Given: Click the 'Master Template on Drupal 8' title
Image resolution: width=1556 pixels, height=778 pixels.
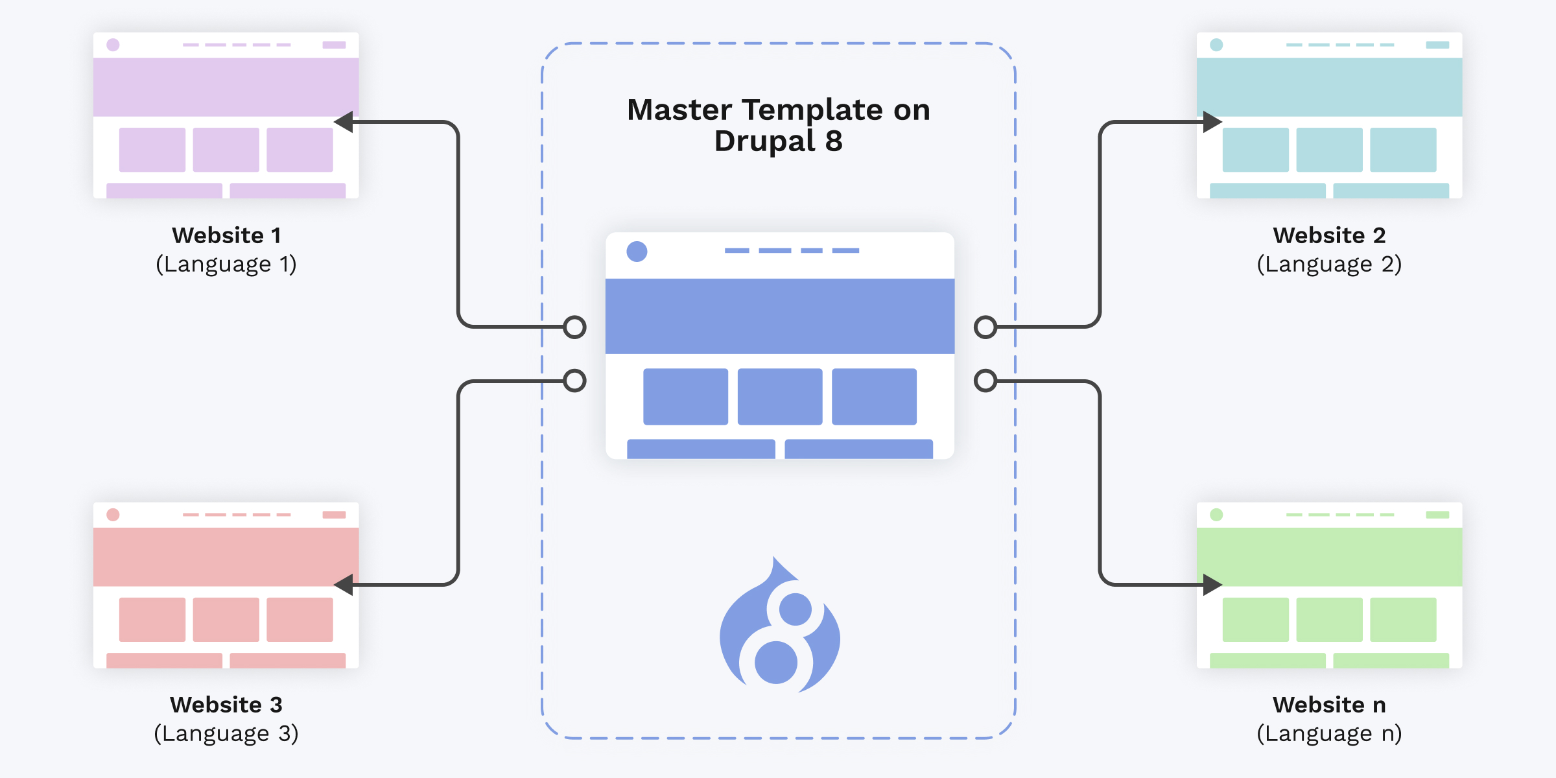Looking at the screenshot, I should click(779, 125).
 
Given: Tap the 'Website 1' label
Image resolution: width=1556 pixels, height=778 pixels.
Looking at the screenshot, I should click(226, 235).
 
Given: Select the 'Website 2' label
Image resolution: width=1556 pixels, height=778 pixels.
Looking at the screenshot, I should click(1329, 235).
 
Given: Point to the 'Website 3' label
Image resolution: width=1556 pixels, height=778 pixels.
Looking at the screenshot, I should click(226, 704).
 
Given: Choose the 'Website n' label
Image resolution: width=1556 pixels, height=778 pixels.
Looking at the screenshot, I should click(1329, 704).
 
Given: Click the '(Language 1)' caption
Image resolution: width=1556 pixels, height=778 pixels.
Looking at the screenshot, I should click(226, 264).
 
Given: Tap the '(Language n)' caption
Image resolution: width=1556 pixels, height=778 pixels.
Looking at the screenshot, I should click(1329, 733).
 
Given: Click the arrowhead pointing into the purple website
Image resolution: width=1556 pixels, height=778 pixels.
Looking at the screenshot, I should click(344, 122).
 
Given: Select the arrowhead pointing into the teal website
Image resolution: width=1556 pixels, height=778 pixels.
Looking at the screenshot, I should click(1212, 122).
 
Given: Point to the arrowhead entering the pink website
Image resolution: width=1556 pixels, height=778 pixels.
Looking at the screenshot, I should click(344, 585).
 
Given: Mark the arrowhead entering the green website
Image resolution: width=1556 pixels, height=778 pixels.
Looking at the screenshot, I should click(1212, 585).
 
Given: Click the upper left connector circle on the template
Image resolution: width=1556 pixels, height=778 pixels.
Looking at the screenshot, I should click(575, 327).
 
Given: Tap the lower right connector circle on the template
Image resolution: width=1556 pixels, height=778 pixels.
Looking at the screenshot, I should click(985, 381).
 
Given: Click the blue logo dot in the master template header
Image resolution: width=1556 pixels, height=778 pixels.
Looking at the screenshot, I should click(637, 252).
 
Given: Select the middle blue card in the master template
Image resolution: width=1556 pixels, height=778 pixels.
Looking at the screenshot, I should click(780, 397).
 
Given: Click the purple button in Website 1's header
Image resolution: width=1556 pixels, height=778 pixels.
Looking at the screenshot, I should click(334, 45).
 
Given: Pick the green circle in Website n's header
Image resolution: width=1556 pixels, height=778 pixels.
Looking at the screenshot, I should click(1216, 515).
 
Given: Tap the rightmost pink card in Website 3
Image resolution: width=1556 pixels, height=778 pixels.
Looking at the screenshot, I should click(300, 620).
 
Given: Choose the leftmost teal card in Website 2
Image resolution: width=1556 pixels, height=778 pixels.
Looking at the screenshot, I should click(1256, 150).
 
